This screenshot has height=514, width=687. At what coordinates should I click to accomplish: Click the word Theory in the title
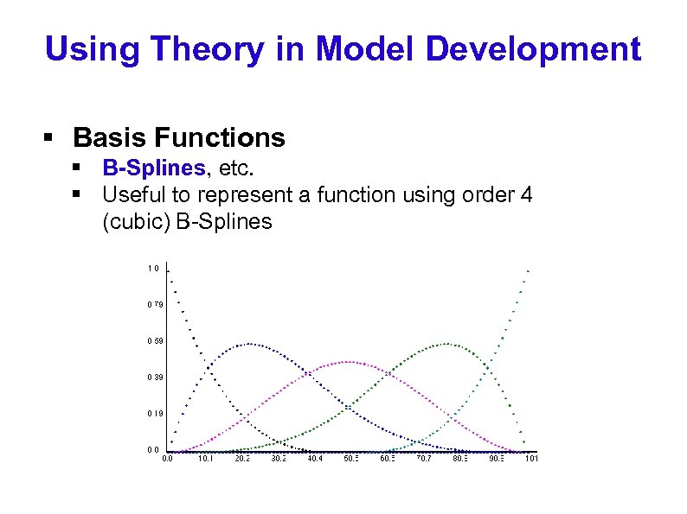coord(202,49)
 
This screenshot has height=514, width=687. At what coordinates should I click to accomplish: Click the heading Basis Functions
coord(179,137)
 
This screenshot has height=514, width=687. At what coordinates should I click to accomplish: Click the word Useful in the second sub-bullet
coord(130,194)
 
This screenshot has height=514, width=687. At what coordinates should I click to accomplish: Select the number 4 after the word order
coord(526,194)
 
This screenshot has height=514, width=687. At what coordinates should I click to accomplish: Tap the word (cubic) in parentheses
coord(137,221)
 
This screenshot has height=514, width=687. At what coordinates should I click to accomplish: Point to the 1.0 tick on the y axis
coord(151,268)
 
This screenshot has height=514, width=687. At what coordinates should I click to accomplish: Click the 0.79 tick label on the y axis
coord(153,304)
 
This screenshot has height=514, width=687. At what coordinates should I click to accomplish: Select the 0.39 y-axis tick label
coord(153,377)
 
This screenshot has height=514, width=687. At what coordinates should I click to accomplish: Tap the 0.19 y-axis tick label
coord(153,413)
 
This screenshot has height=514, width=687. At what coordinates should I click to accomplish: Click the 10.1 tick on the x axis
coord(206,459)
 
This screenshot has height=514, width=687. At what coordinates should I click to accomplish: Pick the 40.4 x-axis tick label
coord(315,459)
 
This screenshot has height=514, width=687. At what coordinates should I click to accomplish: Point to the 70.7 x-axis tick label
coord(424,459)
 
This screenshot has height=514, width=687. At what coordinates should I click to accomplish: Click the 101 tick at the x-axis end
coord(532,459)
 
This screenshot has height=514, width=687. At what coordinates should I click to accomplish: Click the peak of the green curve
coord(447,343)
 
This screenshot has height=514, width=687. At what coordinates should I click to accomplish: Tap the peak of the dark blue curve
coord(248,343)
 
